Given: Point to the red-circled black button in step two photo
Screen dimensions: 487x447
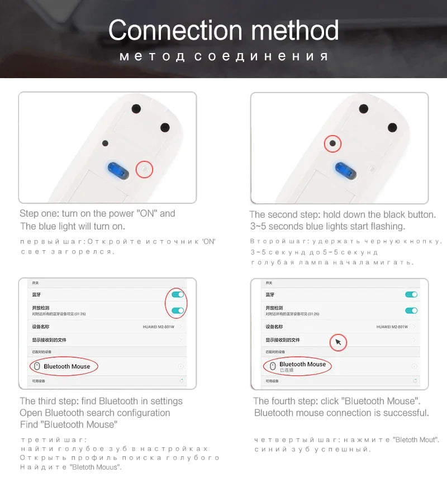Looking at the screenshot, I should coord(333,144).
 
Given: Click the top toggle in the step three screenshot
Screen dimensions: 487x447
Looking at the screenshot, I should coord(178,294).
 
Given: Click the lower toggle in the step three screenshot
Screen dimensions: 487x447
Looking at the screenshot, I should coord(178,311).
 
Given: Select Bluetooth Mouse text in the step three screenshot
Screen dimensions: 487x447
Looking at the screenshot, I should coord(67,366).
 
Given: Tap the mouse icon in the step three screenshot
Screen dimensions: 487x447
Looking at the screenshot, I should coord(36,366).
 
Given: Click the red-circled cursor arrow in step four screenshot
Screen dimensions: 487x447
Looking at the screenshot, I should coord(338,342).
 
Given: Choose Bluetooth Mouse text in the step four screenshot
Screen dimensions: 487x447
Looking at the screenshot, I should coord(302,364).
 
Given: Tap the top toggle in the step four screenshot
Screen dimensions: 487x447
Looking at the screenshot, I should coord(411,294).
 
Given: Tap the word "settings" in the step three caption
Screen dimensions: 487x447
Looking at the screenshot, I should coord(161,401).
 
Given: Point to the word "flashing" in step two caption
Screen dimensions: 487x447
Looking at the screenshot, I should coord(386,226).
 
